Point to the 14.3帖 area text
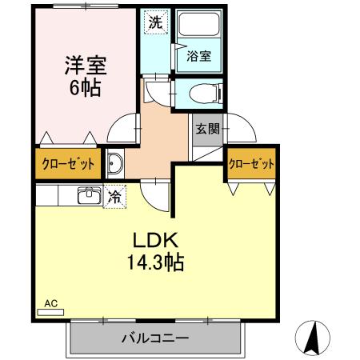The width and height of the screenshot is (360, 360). click(154, 262)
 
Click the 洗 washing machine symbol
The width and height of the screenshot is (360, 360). click(156, 22)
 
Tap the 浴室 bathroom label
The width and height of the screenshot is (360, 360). click(198, 56)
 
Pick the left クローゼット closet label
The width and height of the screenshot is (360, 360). click(67, 164)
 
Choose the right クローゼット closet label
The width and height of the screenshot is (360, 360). click(252, 164)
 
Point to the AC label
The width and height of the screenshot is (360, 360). click(50, 303)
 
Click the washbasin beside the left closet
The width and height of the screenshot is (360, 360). click(114, 164)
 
